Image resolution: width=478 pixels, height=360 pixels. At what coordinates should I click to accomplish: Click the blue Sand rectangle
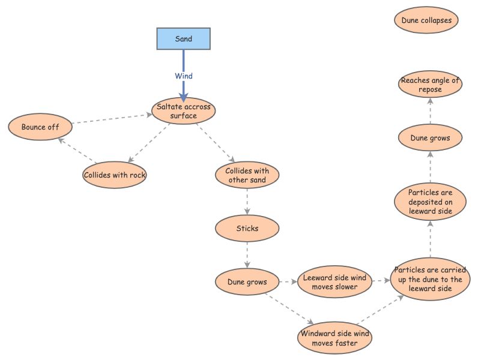(x=184, y=38)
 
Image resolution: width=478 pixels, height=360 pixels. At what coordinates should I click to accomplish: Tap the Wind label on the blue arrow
(x=184, y=76)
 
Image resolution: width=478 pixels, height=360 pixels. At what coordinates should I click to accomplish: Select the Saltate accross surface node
(x=184, y=111)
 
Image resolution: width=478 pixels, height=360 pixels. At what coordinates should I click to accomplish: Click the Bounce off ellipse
(x=40, y=127)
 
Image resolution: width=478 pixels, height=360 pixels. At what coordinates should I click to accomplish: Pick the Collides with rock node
(x=115, y=175)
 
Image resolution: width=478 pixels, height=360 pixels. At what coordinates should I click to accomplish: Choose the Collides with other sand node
(x=247, y=175)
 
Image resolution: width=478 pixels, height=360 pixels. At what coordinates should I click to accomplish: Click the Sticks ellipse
(x=247, y=229)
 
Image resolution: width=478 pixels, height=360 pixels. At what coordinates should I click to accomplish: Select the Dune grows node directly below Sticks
(x=247, y=281)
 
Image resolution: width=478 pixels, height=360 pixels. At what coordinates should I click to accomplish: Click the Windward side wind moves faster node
(x=334, y=338)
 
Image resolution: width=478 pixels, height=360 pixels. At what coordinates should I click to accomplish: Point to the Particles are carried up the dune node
(x=430, y=279)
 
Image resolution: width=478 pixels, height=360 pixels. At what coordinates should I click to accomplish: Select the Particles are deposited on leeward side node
(x=430, y=202)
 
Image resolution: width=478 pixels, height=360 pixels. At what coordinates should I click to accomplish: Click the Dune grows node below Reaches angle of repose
(x=430, y=138)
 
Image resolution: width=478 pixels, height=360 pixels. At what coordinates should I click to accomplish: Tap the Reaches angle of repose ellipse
(x=430, y=85)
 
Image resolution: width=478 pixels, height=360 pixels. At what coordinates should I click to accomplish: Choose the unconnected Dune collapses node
(x=426, y=20)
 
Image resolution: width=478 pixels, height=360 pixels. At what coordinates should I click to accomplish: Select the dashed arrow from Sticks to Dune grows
(x=247, y=255)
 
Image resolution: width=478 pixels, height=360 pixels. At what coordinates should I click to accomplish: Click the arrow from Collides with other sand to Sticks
(x=247, y=202)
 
